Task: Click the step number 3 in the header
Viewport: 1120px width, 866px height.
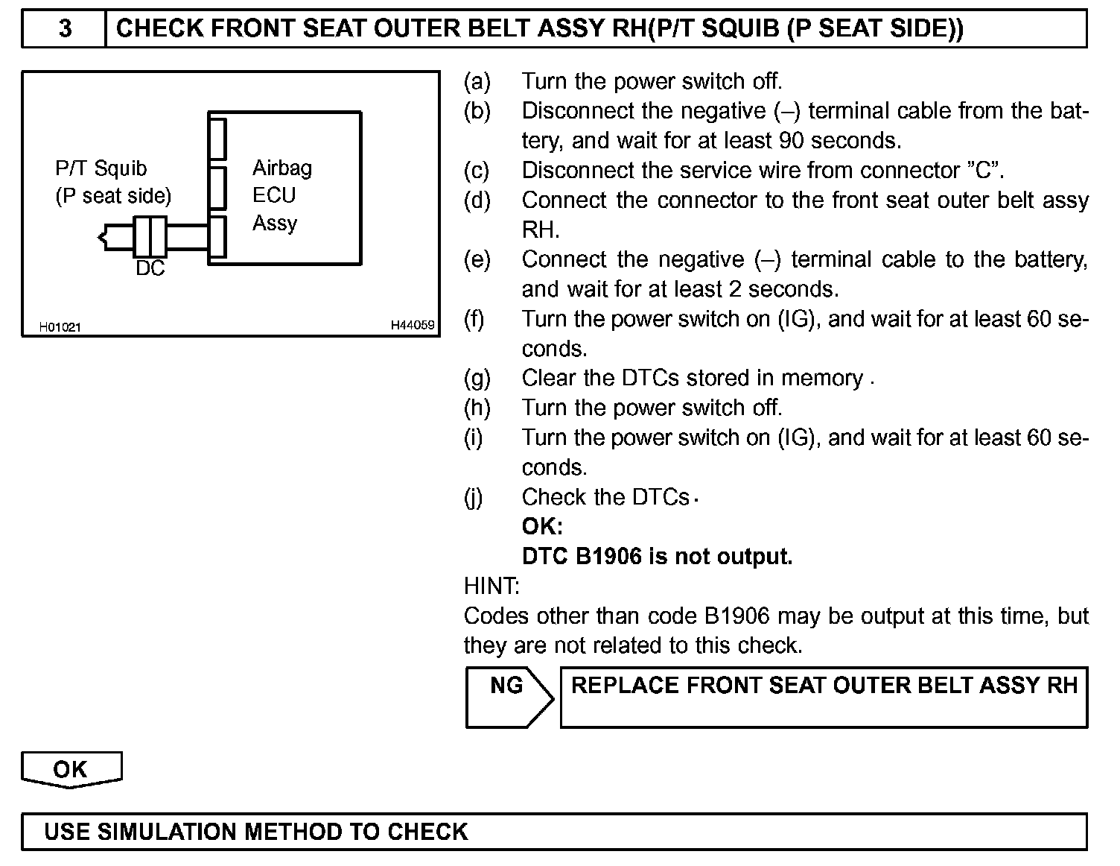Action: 65,28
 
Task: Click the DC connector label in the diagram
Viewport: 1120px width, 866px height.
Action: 150,268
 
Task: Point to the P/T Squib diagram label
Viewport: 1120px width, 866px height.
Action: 101,168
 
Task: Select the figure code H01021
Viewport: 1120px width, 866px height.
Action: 60,327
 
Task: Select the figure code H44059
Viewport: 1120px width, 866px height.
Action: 413,326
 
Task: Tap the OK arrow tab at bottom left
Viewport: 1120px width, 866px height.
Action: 71,769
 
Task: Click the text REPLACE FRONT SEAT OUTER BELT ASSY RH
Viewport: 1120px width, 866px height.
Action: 824,686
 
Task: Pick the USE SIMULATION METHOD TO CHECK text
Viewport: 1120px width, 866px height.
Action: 256,832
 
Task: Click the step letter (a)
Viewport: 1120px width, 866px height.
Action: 477,81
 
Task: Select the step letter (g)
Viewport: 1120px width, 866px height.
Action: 477,379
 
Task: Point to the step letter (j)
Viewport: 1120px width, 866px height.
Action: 474,497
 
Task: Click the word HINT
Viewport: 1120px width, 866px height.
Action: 491,587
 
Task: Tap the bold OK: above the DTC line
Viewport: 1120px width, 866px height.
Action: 542,527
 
